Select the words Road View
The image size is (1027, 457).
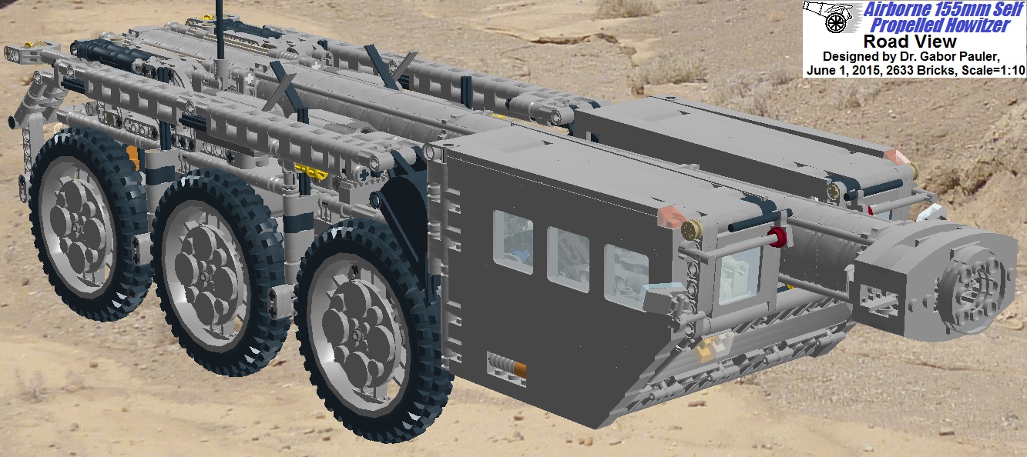[x=910, y=42]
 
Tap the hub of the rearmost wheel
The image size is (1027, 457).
[x=76, y=225]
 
